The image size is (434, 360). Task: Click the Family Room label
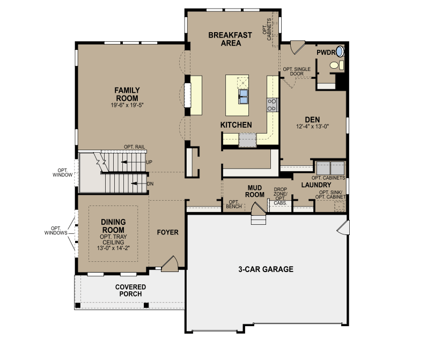127,94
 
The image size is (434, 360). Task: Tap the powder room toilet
336,65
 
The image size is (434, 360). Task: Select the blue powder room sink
340,52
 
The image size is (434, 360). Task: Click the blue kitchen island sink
244,96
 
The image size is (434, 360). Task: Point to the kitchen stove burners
272,105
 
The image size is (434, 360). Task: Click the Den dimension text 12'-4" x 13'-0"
313,127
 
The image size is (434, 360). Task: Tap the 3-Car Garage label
266,269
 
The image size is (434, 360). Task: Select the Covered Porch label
131,291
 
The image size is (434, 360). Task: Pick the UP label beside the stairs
149,162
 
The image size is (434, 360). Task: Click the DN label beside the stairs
150,183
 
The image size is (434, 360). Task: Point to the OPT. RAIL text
134,147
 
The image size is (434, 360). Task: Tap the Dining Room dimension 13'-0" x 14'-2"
113,248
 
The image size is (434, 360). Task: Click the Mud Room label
255,192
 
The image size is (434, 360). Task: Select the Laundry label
316,185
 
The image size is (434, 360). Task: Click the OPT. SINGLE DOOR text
297,71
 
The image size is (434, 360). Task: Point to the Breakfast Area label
230,39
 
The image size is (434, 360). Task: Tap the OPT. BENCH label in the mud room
234,204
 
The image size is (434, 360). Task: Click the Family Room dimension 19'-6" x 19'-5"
127,105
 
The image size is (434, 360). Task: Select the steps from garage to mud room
259,220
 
